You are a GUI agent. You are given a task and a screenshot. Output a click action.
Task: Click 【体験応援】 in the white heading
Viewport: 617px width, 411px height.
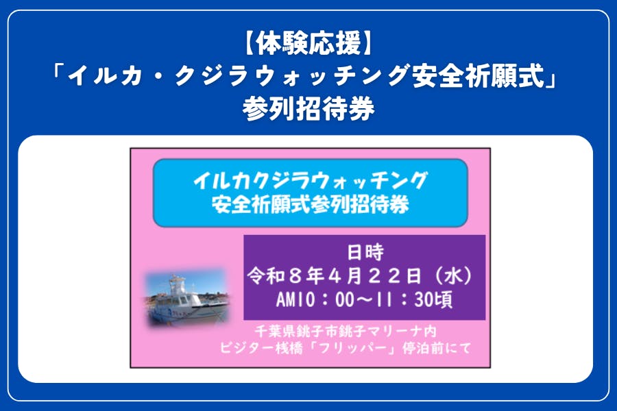[308, 45]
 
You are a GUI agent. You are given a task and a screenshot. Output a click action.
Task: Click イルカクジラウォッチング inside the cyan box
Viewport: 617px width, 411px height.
[310, 182]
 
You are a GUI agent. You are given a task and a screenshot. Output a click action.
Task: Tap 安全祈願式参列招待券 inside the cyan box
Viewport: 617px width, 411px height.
[310, 203]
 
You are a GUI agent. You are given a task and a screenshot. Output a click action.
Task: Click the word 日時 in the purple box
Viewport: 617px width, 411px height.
[365, 251]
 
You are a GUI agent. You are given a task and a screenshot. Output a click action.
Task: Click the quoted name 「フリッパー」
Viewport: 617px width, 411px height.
[376, 348]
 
